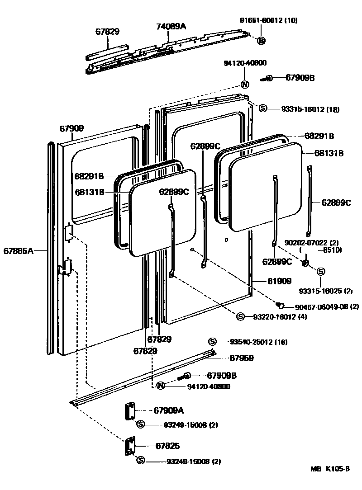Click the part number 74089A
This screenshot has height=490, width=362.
point(171,27)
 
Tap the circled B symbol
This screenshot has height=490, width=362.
point(261,41)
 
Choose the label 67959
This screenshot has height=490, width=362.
point(241,358)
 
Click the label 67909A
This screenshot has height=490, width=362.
point(169,410)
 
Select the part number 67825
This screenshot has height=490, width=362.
point(167,446)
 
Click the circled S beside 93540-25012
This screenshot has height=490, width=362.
point(212,342)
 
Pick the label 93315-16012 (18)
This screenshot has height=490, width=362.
point(310,109)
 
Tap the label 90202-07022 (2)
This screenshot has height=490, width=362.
point(313,243)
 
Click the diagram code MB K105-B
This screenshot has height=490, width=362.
point(330,469)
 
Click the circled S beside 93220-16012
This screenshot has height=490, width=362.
point(240,316)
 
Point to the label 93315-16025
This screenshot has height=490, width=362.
point(326,290)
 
